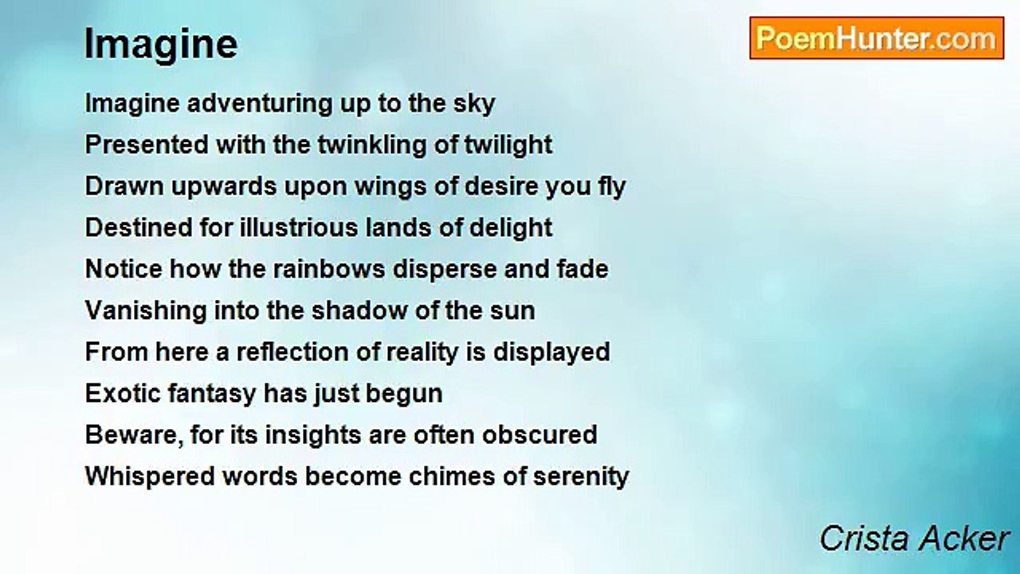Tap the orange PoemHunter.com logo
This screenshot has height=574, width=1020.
[877, 38]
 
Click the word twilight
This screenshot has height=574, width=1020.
[508, 145]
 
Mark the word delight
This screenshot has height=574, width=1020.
[511, 228]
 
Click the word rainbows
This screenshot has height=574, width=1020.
[329, 269]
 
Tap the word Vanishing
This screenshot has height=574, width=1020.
[146, 311]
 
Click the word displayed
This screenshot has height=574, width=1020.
[551, 353]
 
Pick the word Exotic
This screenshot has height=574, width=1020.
[123, 393]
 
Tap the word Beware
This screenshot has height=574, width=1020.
[133, 435]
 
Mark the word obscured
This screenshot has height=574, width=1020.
[539, 434]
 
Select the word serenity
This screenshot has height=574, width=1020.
[581, 478]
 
